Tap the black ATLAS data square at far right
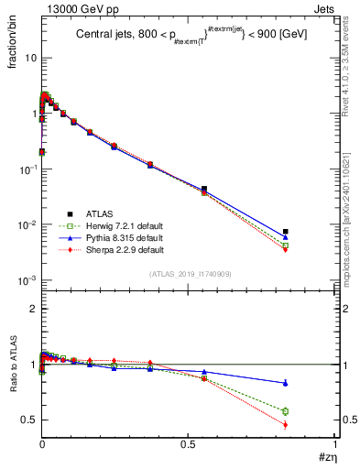[x=286, y=232]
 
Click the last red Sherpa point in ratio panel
[x=286, y=425]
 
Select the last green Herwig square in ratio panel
[x=286, y=411]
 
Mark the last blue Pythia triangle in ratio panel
[x=286, y=383]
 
